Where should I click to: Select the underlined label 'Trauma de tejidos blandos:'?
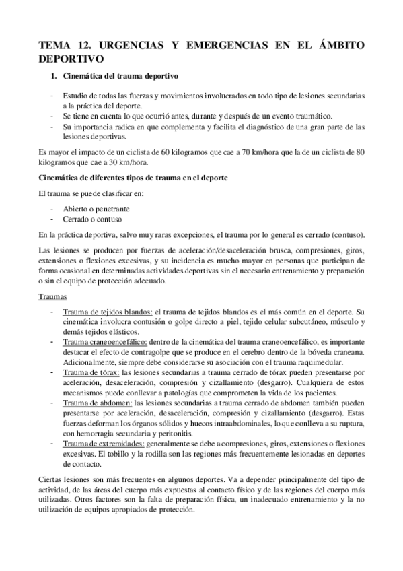click(x=108, y=312)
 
